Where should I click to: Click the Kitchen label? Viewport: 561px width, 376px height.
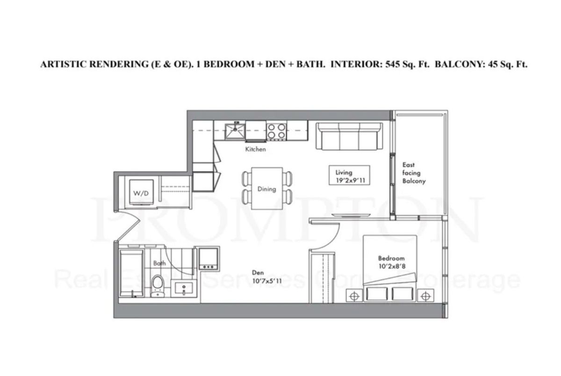255,149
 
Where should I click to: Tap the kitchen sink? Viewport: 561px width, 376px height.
235,131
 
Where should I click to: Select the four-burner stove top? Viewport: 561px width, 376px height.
277,131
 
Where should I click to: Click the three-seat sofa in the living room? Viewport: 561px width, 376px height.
349,136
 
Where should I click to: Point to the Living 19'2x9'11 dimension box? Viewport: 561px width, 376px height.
349,175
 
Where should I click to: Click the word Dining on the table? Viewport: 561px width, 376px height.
267,189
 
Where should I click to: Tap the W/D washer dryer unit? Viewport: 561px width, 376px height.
141,192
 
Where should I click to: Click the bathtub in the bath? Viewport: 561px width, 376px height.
131,273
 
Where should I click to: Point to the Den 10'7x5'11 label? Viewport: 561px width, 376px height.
267,277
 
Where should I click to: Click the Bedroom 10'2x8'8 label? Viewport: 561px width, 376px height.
392,262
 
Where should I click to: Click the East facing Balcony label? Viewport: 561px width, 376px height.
414,173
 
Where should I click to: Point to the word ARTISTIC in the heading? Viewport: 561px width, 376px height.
64,64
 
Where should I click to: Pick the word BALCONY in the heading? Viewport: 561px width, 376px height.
460,64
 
